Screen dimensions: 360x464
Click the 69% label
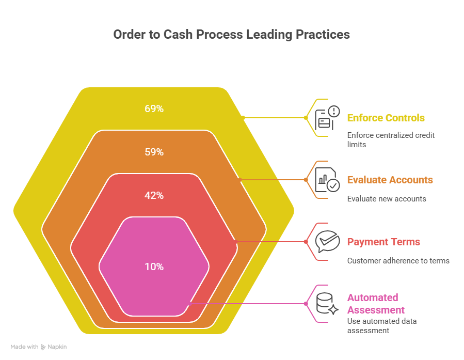coord(154,109)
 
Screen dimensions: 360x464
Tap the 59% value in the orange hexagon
coord(154,152)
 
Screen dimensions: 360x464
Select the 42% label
coord(154,196)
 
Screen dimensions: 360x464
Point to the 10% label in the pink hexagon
coord(154,267)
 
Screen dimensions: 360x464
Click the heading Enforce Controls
coord(386,118)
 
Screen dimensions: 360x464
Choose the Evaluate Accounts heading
coord(390,180)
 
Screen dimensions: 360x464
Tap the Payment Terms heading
coord(383,242)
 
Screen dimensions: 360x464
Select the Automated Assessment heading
coord(375,304)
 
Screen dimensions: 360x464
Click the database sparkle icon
coord(327,304)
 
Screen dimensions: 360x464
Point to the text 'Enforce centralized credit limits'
coord(390,139)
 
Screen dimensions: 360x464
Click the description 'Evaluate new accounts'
coord(386,198)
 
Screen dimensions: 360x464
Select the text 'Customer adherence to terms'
coord(397,260)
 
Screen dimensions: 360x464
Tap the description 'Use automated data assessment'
coord(381,325)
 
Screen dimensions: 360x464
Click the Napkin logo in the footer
coord(43,347)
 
